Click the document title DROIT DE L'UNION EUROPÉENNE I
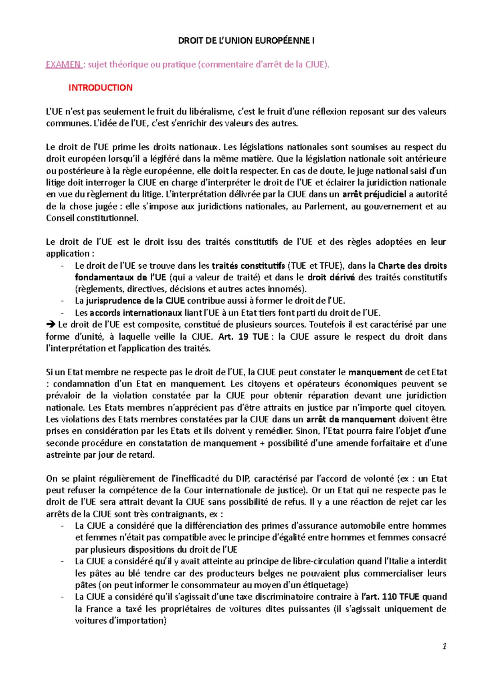tap(246, 40)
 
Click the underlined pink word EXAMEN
tap(63, 64)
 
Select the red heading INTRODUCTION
tap(100, 88)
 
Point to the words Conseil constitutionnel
tap(92, 218)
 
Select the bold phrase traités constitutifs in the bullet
tap(248, 266)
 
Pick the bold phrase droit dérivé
tap(331, 277)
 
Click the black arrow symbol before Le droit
tap(51, 325)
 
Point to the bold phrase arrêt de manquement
tap(351, 419)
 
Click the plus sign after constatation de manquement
tap(262, 443)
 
